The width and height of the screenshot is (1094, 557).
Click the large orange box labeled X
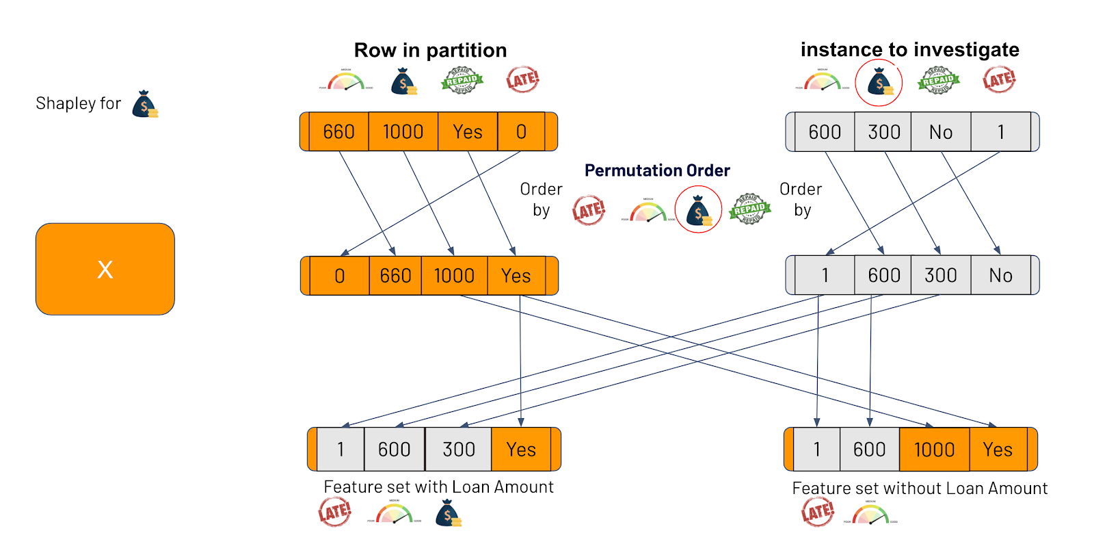pyautogui.click(x=105, y=269)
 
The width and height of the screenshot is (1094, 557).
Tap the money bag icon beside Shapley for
pyautogui.click(x=145, y=104)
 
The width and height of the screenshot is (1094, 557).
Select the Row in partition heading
pyautogui.click(x=430, y=50)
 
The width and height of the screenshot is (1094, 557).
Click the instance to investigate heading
pyautogui.click(x=909, y=49)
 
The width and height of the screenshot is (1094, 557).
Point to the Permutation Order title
pyautogui.click(x=657, y=170)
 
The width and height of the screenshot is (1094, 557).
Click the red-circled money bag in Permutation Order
pyautogui.click(x=698, y=210)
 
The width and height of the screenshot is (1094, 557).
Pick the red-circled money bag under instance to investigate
pyautogui.click(x=879, y=83)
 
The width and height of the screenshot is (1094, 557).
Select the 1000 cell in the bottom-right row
pyautogui.click(x=934, y=450)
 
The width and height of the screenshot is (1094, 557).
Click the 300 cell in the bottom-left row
pyautogui.click(x=458, y=450)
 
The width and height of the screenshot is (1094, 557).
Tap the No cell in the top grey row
pyautogui.click(x=941, y=132)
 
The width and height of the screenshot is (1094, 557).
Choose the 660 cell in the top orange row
pyautogui.click(x=338, y=131)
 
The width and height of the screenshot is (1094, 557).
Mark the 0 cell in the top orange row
pyautogui.click(x=521, y=131)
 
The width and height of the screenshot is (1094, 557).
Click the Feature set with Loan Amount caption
pyautogui.click(x=438, y=487)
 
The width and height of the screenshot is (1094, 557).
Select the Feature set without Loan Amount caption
pyautogui.click(x=920, y=488)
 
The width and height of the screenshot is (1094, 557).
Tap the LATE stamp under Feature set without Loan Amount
pyautogui.click(x=818, y=512)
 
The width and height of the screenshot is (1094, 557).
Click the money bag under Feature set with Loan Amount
pyautogui.click(x=448, y=513)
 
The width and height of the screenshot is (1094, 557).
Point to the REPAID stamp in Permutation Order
pyautogui.click(x=749, y=209)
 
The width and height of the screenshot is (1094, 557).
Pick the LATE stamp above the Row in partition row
pyautogui.click(x=522, y=80)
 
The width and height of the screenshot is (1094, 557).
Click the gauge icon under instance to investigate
pyautogui.click(x=822, y=81)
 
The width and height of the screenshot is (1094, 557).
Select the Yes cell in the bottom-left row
pyautogui.click(x=521, y=450)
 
